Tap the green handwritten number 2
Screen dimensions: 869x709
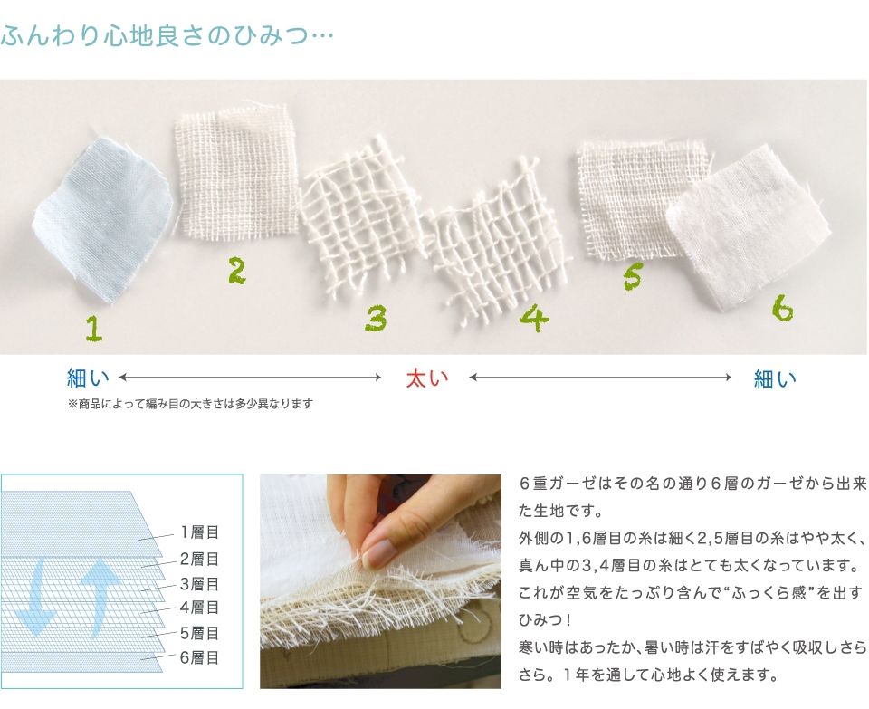(236, 271)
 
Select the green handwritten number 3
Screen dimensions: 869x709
(376, 318)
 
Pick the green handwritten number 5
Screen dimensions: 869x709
(633, 276)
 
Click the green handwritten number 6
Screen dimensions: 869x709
(782, 308)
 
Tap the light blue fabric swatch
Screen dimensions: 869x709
(102, 219)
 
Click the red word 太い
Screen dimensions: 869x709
(426, 378)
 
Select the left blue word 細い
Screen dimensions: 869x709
(88, 378)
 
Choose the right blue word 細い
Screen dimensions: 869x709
(775, 378)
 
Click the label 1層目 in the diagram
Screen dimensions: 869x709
(199, 532)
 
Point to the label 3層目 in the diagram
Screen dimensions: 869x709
(199, 584)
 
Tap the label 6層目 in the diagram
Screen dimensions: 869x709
(199, 657)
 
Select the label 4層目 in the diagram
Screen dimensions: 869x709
(199, 607)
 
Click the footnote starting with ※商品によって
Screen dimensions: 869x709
(190, 404)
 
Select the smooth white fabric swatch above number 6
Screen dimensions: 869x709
(750, 228)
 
